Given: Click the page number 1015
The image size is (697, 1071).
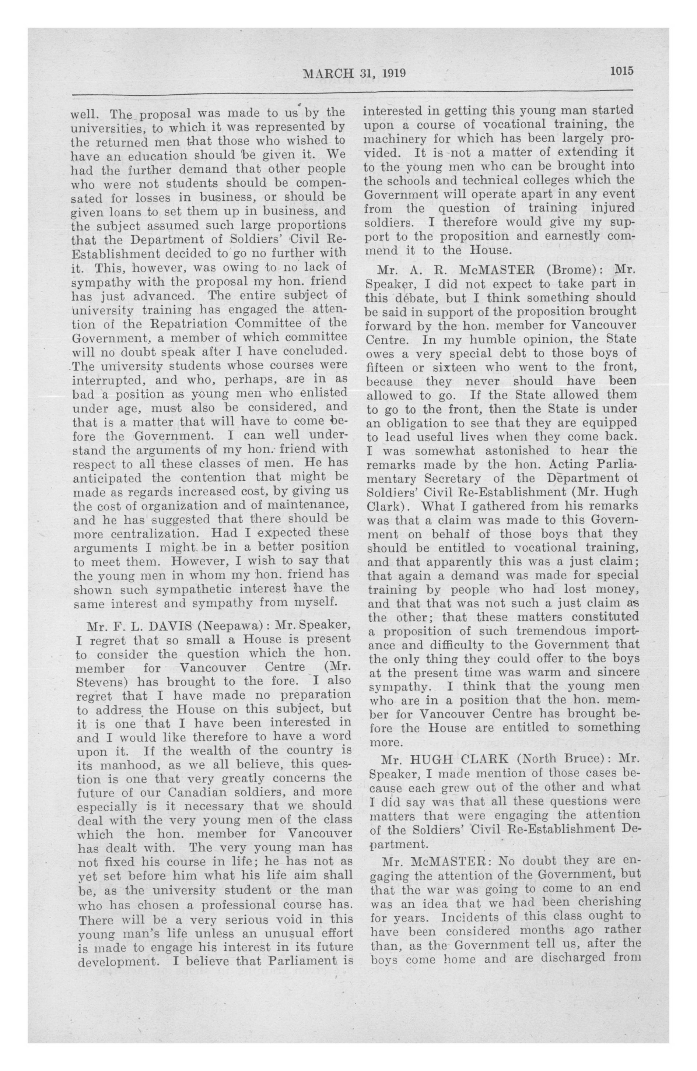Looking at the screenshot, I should (x=622, y=71).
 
